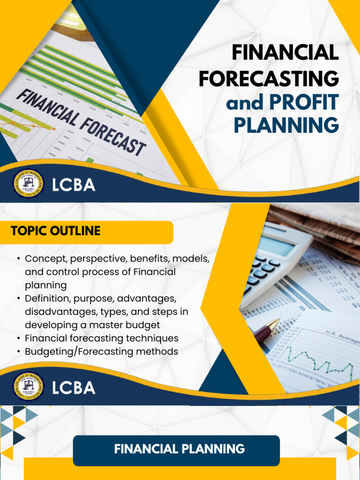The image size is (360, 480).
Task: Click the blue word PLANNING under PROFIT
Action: [x=286, y=126]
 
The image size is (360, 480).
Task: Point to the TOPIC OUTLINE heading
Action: [x=56, y=231]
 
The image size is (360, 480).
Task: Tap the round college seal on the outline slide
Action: [x=28, y=388]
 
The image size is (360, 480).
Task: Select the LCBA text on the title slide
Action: [x=74, y=185]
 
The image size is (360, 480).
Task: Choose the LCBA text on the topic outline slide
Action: [x=74, y=388]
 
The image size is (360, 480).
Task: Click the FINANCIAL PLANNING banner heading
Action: [x=179, y=449]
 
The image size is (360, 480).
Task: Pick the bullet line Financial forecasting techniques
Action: [x=101, y=338]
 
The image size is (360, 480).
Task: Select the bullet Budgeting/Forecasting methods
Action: [x=101, y=351]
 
